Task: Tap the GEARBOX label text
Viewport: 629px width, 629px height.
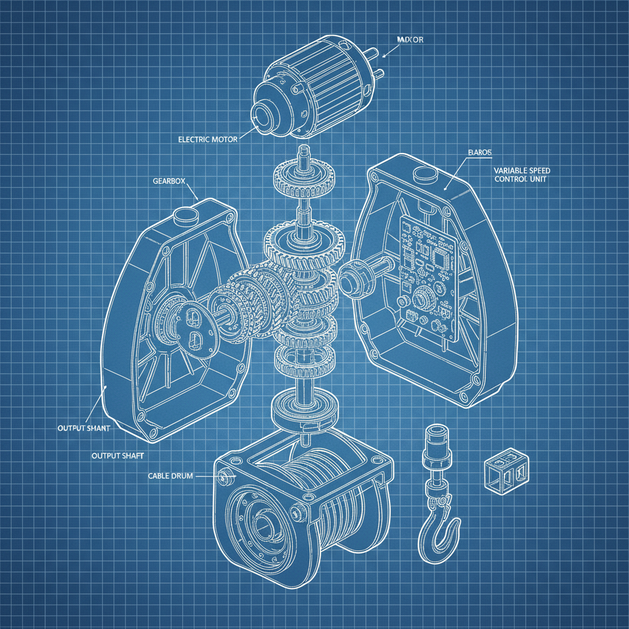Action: tap(168, 181)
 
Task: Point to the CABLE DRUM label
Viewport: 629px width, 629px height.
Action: tap(170, 476)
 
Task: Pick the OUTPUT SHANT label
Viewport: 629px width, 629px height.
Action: tap(84, 428)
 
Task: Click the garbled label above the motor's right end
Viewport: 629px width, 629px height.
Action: tap(410, 40)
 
